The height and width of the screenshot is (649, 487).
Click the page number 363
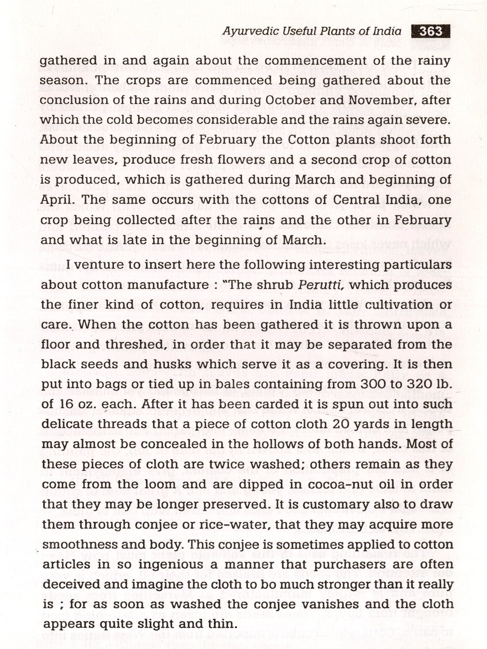tap(431, 31)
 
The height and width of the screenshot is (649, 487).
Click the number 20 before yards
tap(343, 424)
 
